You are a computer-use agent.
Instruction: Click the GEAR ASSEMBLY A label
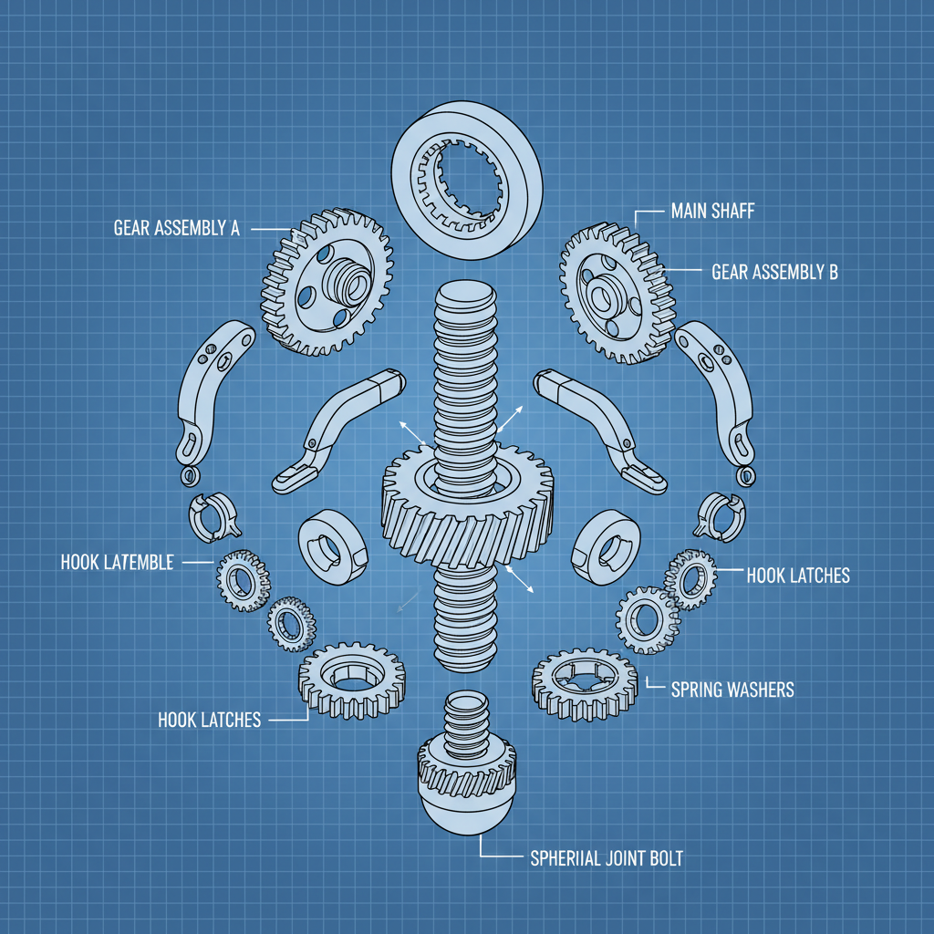[x=176, y=228]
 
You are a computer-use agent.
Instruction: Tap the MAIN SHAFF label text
[x=712, y=212]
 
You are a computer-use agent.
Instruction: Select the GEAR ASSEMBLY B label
[x=773, y=272]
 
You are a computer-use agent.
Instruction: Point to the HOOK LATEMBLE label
[x=117, y=563]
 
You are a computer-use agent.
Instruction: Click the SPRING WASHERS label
[x=732, y=690]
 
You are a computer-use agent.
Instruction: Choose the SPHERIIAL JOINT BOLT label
[x=606, y=858]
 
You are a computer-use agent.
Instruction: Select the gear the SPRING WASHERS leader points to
[x=585, y=683]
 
